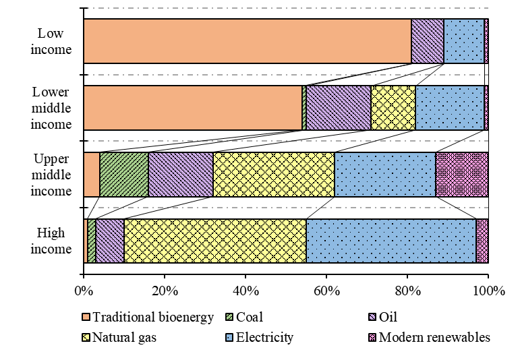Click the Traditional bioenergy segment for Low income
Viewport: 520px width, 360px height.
click(247, 41)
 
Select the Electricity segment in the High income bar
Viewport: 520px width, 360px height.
click(391, 241)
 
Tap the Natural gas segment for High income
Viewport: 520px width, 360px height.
click(215, 241)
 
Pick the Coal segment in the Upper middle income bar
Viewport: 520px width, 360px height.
click(124, 174)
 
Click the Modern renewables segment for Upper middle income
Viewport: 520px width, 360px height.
click(462, 174)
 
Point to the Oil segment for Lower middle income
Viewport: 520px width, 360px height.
click(339, 107)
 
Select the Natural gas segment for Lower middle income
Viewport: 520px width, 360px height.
click(393, 107)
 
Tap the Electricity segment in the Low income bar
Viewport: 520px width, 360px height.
click(464, 41)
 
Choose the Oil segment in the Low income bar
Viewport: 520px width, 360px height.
click(428, 41)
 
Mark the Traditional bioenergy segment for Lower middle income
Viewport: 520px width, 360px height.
click(193, 107)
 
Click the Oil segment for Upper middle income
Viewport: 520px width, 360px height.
click(181, 174)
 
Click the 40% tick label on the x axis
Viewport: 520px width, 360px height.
click(245, 292)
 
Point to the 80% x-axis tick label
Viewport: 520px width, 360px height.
click(407, 292)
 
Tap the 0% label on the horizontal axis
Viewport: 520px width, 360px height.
click(84, 292)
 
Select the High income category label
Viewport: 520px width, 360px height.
click(51, 241)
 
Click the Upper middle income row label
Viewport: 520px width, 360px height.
click(51, 175)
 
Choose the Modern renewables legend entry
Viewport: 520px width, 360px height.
click(434, 337)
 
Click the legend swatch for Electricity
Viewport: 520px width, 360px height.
click(248, 337)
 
